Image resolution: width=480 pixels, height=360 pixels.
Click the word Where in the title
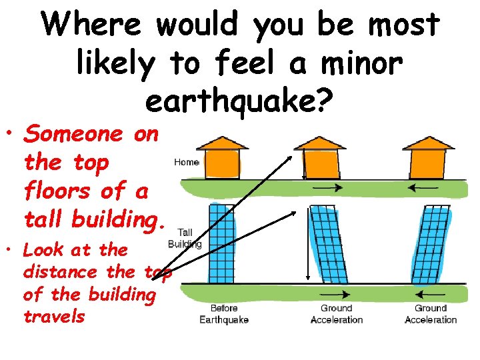pos(91,25)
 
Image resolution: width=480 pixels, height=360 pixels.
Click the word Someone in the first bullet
pos(73,134)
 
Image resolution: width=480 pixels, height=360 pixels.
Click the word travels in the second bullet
pos(54,315)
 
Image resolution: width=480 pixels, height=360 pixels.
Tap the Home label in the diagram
pos(187,162)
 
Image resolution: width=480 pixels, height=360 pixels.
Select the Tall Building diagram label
pos(186,238)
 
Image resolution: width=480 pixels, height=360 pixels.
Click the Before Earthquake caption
pos(224,314)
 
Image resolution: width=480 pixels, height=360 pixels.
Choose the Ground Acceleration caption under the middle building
pos(337,314)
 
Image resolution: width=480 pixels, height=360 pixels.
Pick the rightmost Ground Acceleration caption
pos(431,314)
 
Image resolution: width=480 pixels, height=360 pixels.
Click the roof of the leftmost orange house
pos(224,143)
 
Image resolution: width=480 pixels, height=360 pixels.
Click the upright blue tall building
pos(223,245)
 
